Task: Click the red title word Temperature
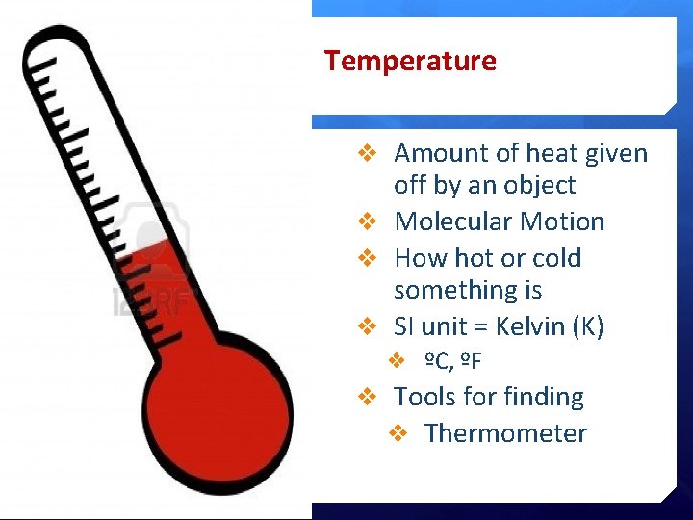pyautogui.click(x=410, y=62)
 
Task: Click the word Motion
pyautogui.click(x=561, y=221)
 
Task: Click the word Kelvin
pyautogui.click(x=530, y=326)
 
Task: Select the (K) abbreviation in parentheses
pyautogui.click(x=588, y=326)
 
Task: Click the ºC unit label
pyautogui.click(x=437, y=362)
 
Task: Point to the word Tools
pyautogui.click(x=426, y=397)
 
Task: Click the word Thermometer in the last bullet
pyautogui.click(x=505, y=433)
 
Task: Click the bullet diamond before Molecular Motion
pyautogui.click(x=366, y=221)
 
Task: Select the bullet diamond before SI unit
pyautogui.click(x=366, y=326)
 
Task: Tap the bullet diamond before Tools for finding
pyautogui.click(x=366, y=397)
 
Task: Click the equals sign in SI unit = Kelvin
pyautogui.click(x=479, y=327)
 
